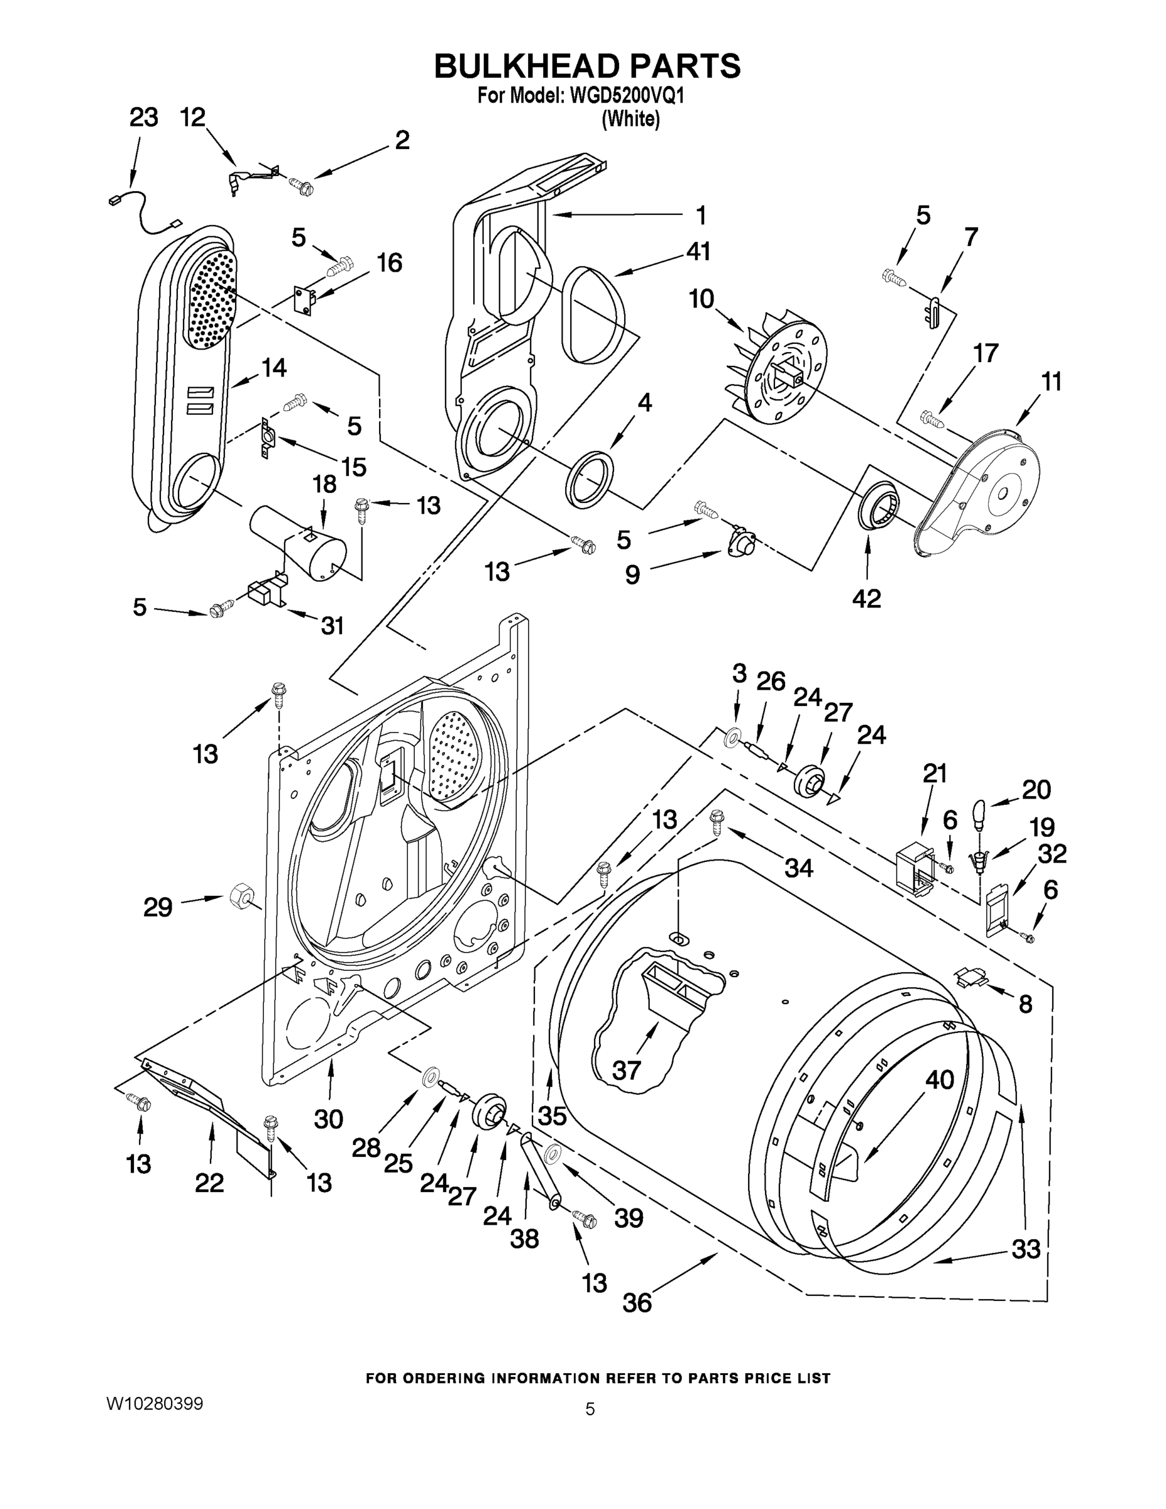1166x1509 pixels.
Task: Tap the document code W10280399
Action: (155, 1403)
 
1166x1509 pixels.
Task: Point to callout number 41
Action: (698, 251)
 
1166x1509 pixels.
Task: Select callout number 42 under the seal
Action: (866, 599)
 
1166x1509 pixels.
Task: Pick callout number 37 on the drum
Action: (626, 1070)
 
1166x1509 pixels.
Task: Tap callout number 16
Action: (389, 263)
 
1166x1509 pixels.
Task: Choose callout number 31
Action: (333, 626)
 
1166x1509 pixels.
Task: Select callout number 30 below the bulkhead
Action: (328, 1119)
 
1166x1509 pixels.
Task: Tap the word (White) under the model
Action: (630, 119)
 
